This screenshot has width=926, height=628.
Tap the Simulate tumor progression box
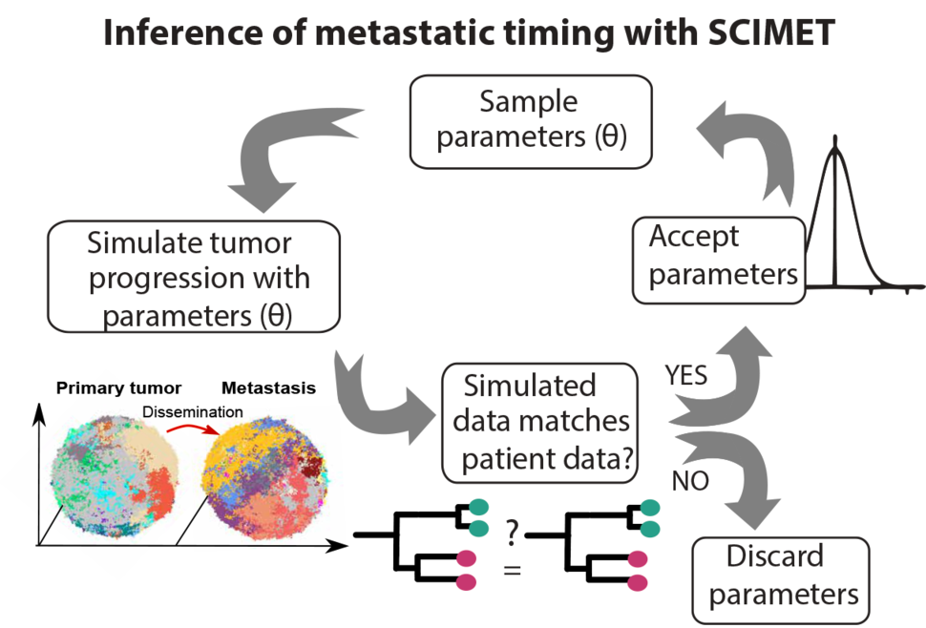[x=193, y=278]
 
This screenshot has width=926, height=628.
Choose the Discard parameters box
[x=780, y=576]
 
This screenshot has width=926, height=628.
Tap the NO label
[x=690, y=480]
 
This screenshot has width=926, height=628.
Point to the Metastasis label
[x=268, y=388]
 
